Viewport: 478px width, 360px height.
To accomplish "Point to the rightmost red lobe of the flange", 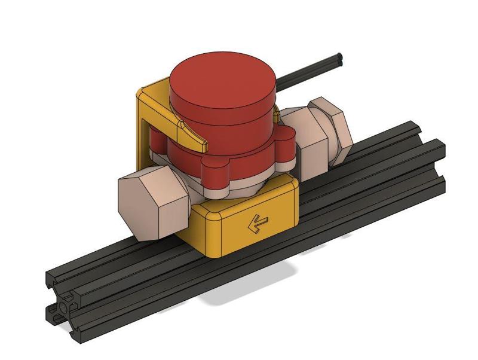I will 286,153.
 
